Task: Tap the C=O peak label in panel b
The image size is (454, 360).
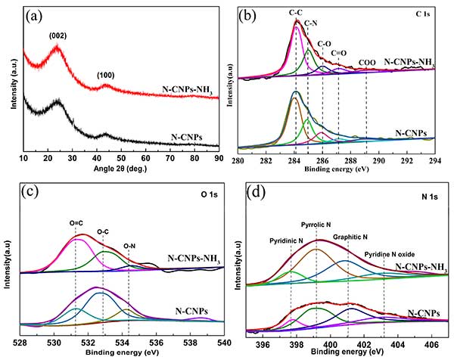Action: pos(341,54)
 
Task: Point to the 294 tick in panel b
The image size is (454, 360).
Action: pos(434,160)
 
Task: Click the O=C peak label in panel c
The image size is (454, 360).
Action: pos(76,222)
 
